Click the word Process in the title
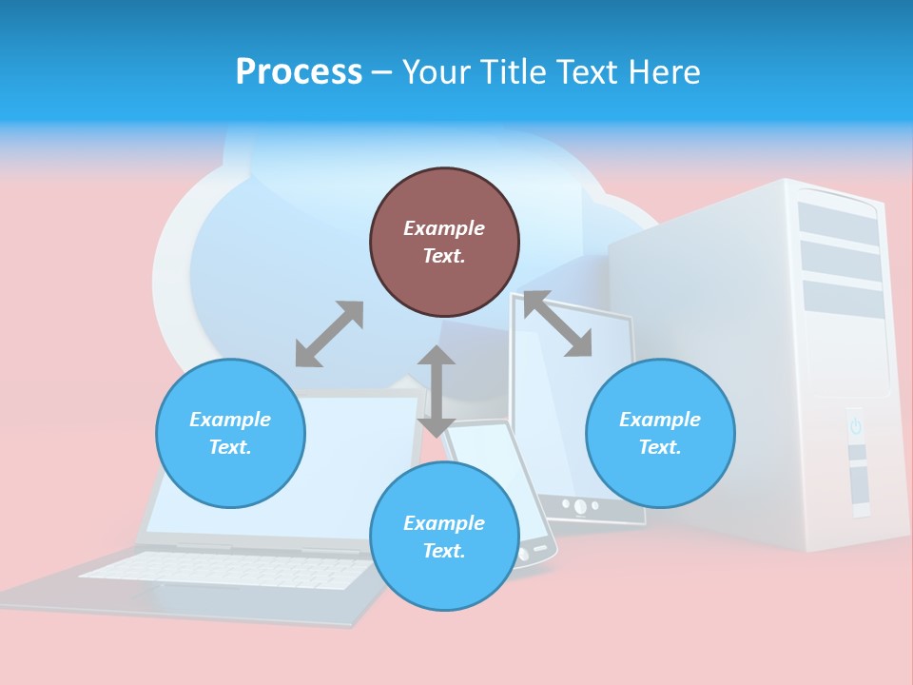pyautogui.click(x=299, y=72)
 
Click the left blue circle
pyautogui.click(x=230, y=433)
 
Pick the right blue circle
pyautogui.click(x=660, y=433)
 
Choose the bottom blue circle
pyautogui.click(x=444, y=536)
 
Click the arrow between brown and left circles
pyautogui.click(x=329, y=334)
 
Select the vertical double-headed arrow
pyautogui.click(x=437, y=391)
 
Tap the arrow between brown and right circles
pyautogui.click(x=558, y=324)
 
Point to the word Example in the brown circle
pyautogui.click(x=444, y=228)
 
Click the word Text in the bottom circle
pyautogui.click(x=442, y=551)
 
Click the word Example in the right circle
pyautogui.click(x=660, y=420)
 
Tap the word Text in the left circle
pyautogui.click(x=229, y=447)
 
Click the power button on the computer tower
pyautogui.click(x=855, y=426)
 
